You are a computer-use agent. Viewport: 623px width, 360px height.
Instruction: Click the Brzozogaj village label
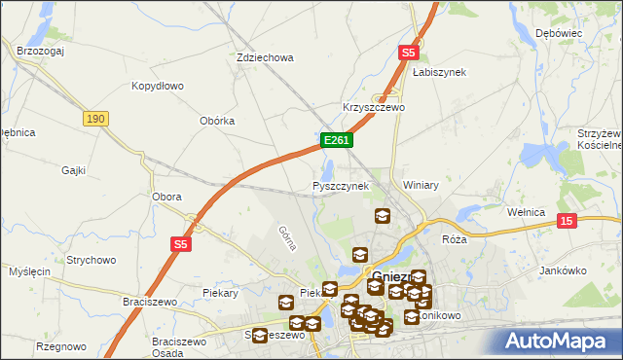[x=40, y=49]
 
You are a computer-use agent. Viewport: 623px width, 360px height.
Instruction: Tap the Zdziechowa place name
[x=265, y=57]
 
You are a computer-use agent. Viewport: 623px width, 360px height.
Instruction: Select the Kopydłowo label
[x=158, y=86]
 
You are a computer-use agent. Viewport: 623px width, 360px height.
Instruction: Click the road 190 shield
[x=94, y=118]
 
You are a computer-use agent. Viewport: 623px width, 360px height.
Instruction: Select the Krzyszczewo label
[x=373, y=107]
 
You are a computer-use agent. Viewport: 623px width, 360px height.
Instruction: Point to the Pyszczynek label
[x=340, y=185]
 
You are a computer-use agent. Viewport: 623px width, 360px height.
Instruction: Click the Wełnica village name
[x=527, y=210]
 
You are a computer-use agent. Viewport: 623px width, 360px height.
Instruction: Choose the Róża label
[x=454, y=238]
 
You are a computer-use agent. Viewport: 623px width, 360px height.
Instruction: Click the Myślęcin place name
[x=28, y=270]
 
